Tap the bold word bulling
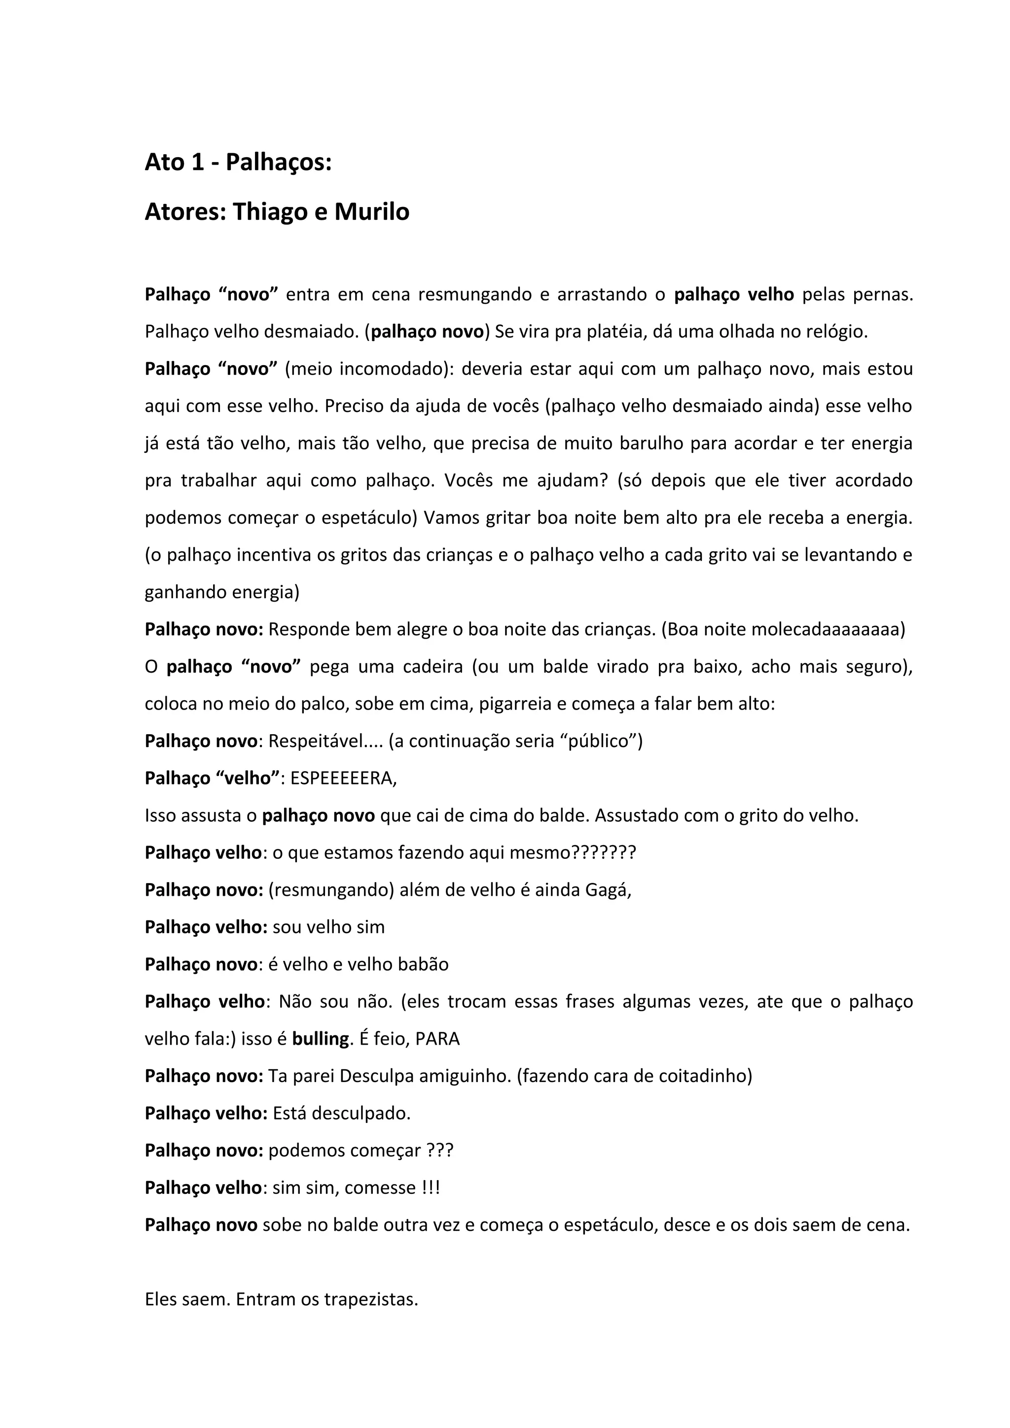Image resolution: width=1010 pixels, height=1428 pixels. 321,1039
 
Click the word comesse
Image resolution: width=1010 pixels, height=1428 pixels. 380,1188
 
